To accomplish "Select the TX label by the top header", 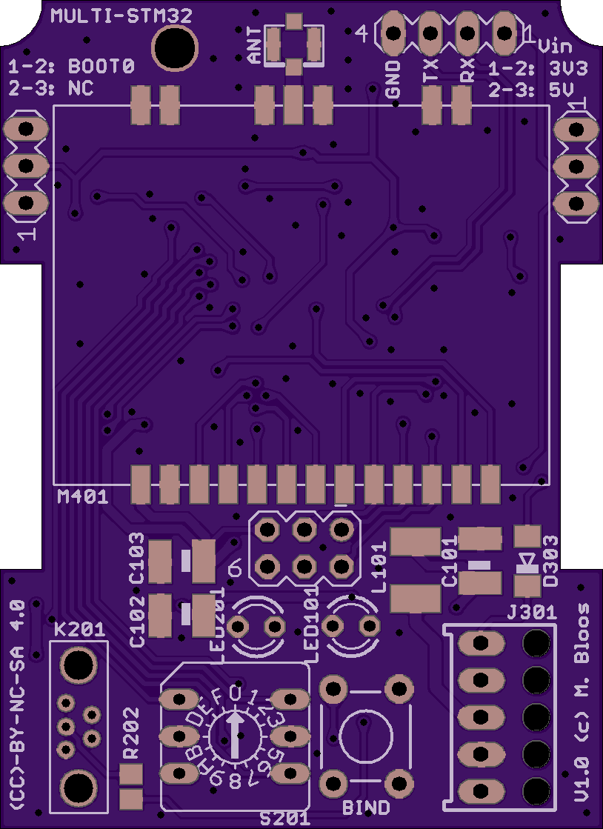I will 430,72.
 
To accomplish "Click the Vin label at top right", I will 555,46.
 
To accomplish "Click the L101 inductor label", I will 379,567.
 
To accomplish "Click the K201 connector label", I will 79,630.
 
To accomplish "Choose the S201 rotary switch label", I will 285,818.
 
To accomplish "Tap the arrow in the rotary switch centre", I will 236,734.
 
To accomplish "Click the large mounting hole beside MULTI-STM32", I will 175,47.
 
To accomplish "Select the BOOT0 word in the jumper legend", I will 101,67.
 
